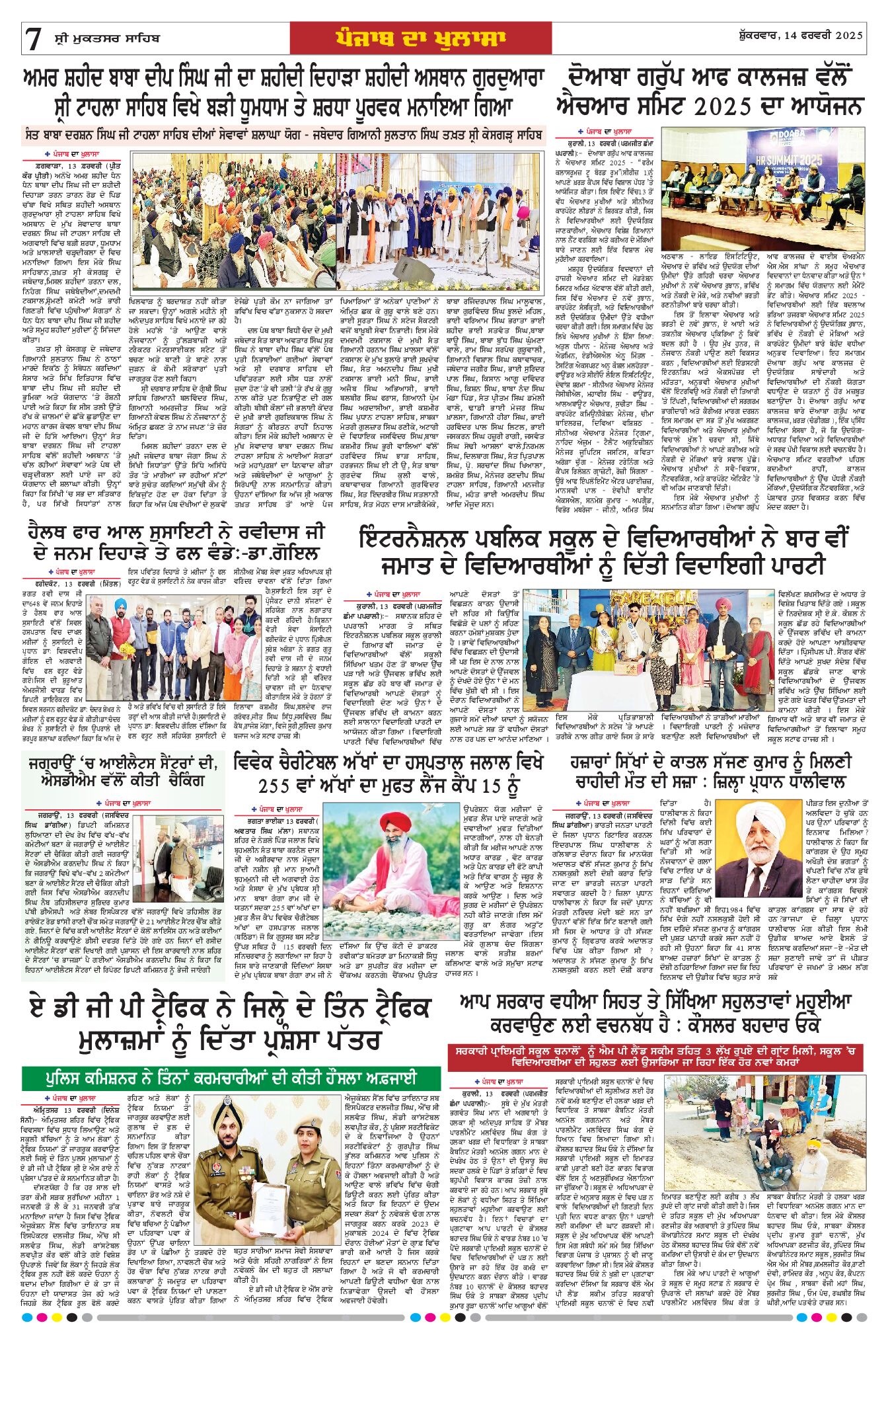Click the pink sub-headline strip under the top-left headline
(x=284, y=136)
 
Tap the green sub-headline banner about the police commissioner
(x=231, y=1078)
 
